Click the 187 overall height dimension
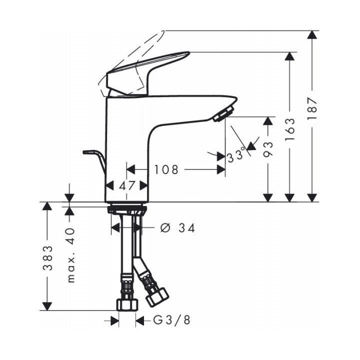tap(312, 107)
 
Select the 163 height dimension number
tap(289, 129)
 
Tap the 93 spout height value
tap(268, 149)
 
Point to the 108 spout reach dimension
tap(166, 169)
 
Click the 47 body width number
tap(126, 185)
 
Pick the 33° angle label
tap(236, 154)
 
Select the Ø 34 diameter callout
tap(177, 228)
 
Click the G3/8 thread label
tap(171, 320)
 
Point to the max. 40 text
tap(71, 255)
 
